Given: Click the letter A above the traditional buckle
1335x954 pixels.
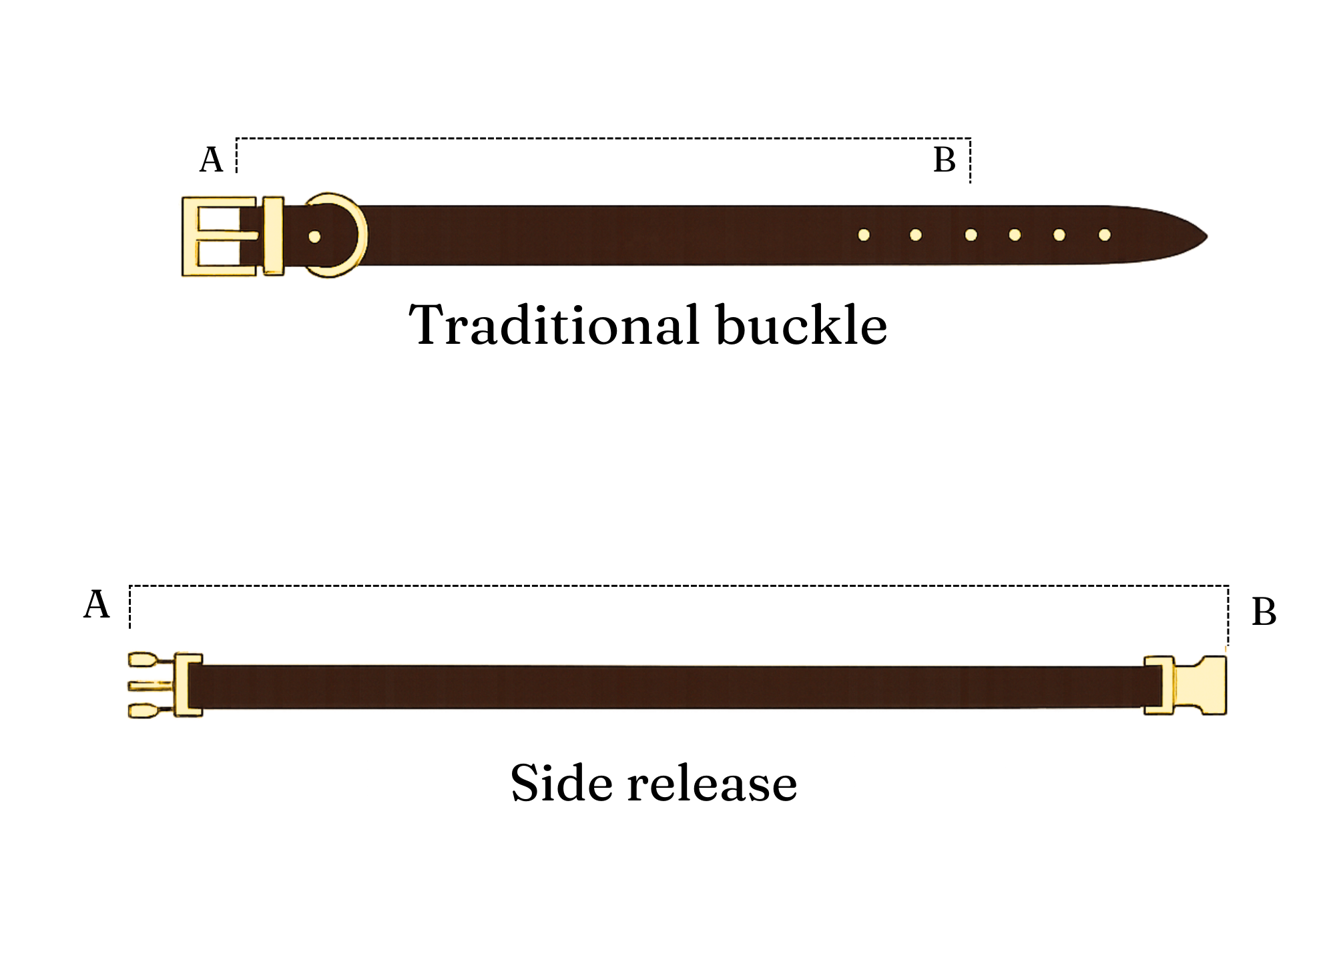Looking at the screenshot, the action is (211, 161).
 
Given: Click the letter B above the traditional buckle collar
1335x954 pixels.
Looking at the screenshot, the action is (944, 161).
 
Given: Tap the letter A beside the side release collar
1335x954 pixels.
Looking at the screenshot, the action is (96, 606).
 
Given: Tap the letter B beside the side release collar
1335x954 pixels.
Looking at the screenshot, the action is (1264, 612).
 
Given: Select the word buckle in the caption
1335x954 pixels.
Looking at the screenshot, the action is (801, 326).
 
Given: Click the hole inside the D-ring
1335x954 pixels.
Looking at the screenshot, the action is (314, 236).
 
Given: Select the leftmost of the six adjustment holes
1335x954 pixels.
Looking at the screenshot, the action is (864, 235).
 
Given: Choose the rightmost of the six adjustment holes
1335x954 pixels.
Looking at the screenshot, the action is (1105, 235).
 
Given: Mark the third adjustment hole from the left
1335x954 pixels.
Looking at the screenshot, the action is (971, 235).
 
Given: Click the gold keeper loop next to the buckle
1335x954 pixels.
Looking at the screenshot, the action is (273, 236).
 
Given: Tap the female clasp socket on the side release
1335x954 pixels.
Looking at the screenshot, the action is (1199, 686).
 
